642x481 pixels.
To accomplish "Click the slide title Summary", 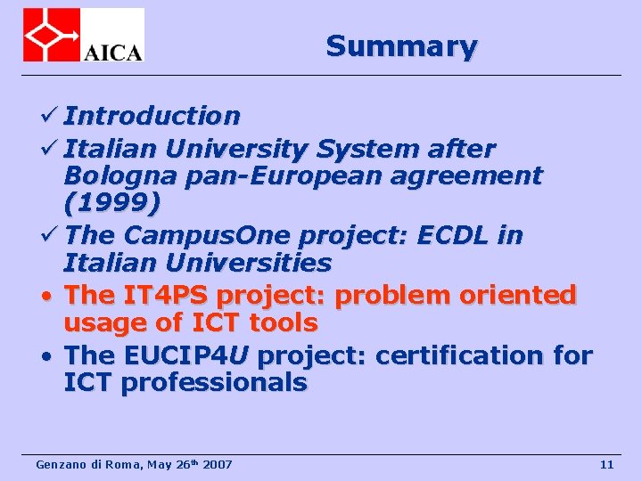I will pyautogui.click(x=401, y=45).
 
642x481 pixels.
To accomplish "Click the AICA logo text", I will pyautogui.click(x=112, y=51).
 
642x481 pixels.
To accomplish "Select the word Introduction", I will pyautogui.click(x=152, y=116).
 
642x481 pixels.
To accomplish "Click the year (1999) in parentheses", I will pyautogui.click(x=112, y=205).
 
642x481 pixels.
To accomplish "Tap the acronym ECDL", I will pyautogui.click(x=455, y=235).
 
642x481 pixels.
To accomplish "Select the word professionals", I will pyautogui.click(x=214, y=384).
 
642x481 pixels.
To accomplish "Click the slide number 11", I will pyautogui.click(x=606, y=464).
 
